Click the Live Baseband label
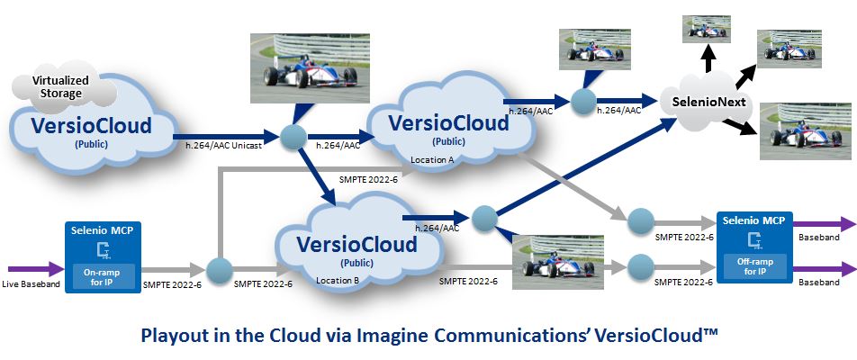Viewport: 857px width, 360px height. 32,284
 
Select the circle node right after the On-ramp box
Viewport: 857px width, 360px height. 219,268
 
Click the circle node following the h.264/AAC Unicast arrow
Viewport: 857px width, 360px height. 293,137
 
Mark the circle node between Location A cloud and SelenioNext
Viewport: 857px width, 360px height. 584,100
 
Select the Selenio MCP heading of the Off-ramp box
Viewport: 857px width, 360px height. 754,220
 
